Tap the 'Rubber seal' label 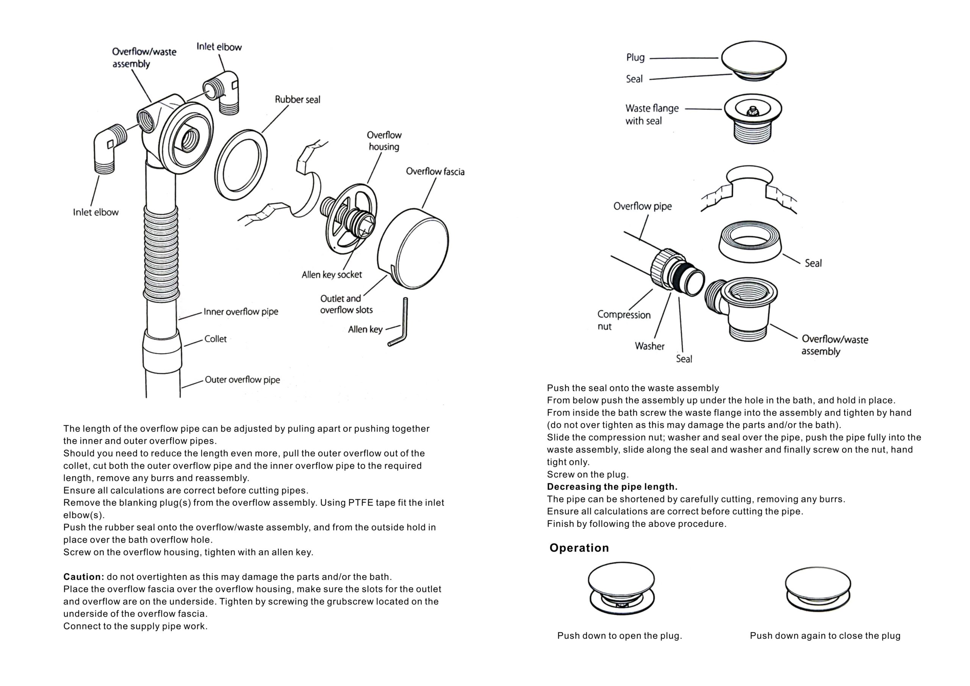(x=297, y=100)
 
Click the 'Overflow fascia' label (x=435, y=172)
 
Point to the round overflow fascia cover (x=413, y=248)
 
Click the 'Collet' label (x=216, y=339)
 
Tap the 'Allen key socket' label (x=332, y=275)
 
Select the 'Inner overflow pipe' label (x=241, y=312)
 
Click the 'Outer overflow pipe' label (x=242, y=380)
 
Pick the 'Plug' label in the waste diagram (x=635, y=58)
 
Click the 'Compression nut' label (x=624, y=320)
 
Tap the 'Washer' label (x=649, y=346)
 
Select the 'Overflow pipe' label (x=642, y=206)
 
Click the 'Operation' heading (x=579, y=548)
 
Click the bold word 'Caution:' (x=84, y=577)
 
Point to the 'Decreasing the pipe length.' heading (x=612, y=487)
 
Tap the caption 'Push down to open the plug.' (x=620, y=636)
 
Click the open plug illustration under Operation (x=621, y=588)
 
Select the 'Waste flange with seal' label (x=652, y=114)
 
